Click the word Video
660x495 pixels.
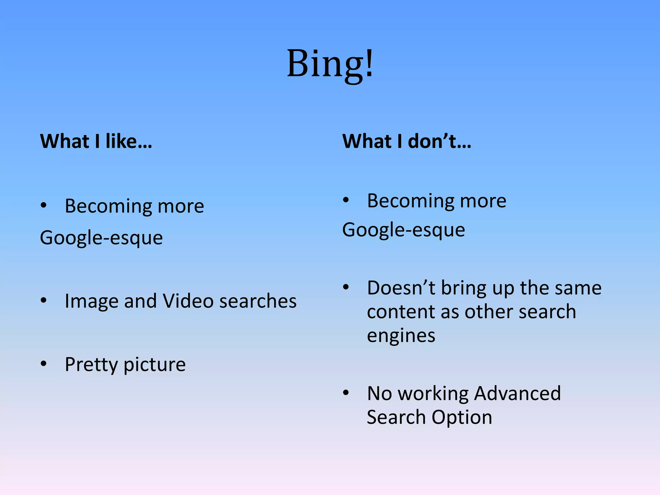click(188, 301)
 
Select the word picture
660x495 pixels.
click(154, 364)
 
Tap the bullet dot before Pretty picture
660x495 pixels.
click(44, 364)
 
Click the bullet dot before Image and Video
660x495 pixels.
click(44, 300)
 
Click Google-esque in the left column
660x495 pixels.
click(101, 238)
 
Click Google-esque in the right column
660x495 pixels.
click(403, 230)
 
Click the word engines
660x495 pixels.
click(401, 336)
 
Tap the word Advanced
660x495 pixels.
click(518, 393)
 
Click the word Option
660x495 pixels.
click(461, 417)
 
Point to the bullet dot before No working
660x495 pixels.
click(346, 393)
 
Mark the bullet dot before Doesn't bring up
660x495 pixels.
click(346, 287)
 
